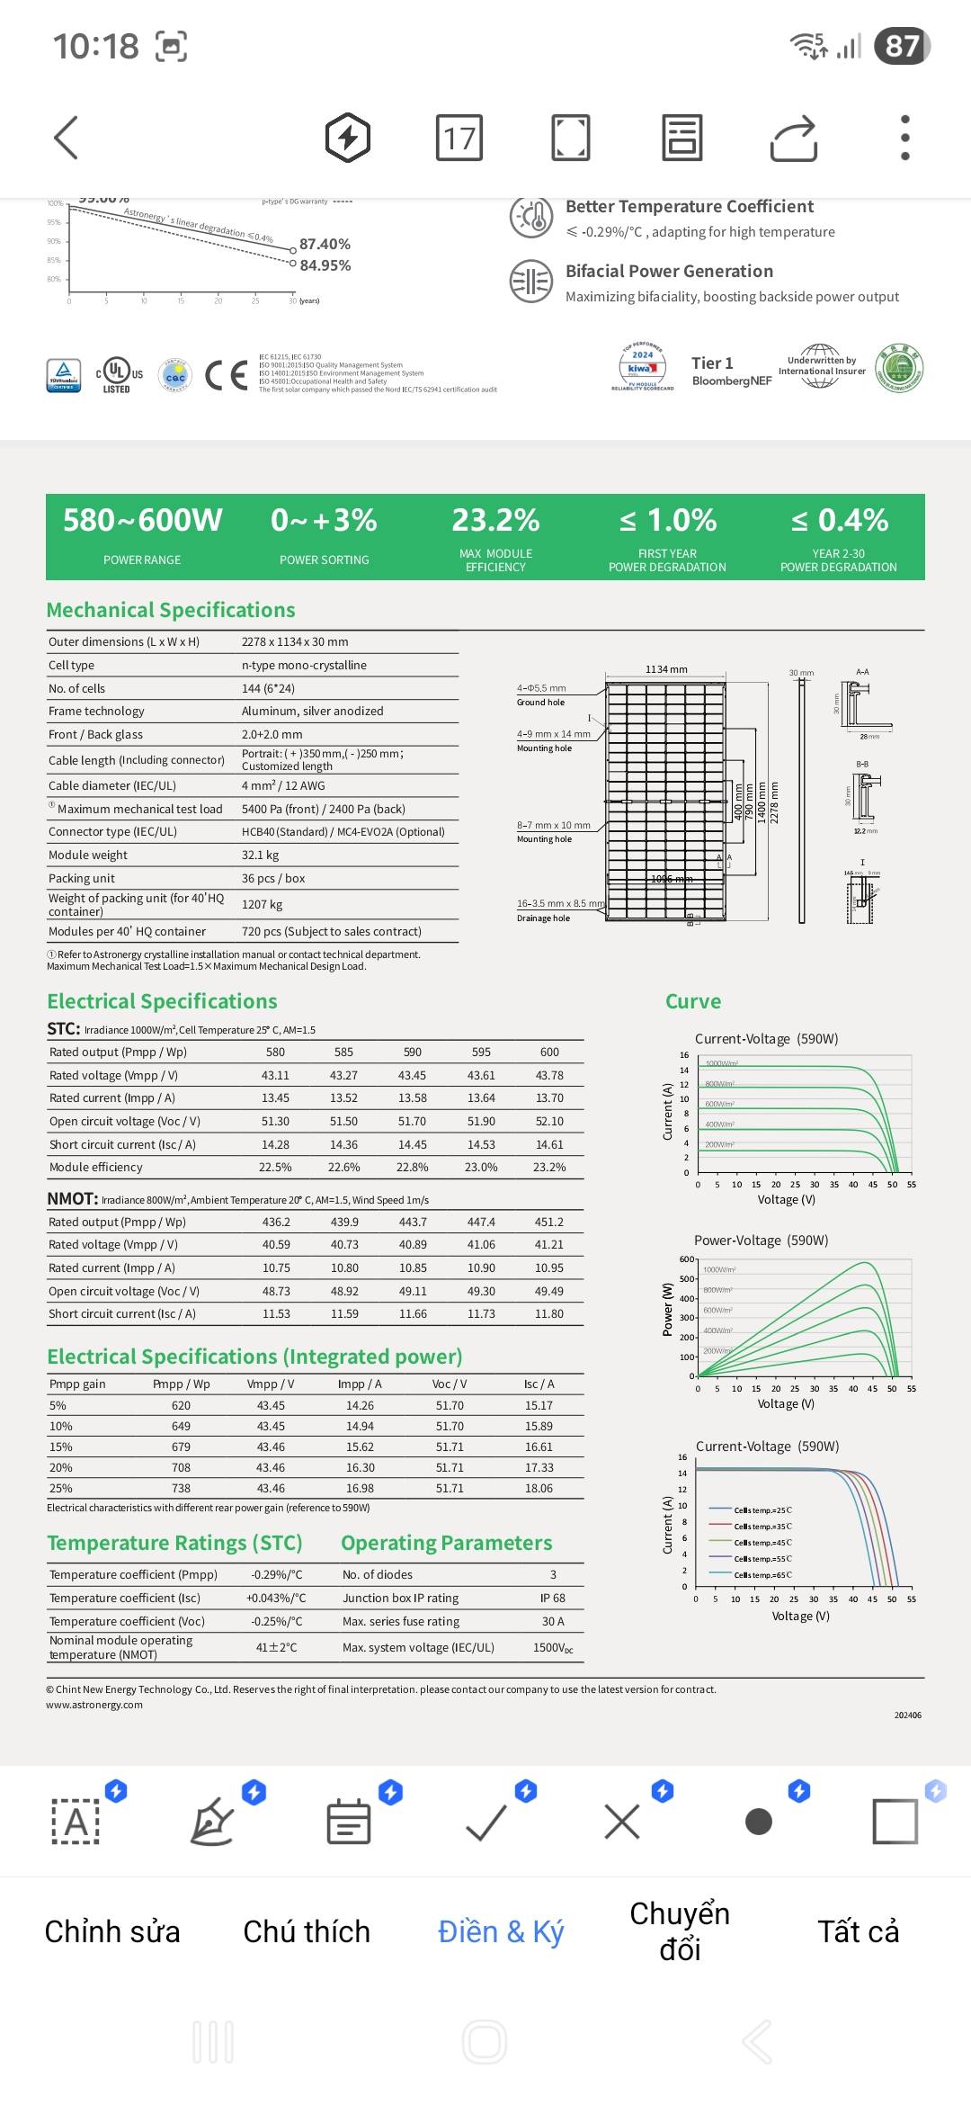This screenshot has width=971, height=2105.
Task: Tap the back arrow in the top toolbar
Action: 67,138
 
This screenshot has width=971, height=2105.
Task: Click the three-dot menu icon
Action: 905,138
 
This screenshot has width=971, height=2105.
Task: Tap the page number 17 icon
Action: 459,138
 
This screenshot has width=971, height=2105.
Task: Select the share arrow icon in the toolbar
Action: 794,139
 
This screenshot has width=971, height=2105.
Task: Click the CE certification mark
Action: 226,375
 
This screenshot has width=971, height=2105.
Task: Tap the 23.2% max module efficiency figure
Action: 495,521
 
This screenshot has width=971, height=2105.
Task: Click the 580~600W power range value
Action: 142,521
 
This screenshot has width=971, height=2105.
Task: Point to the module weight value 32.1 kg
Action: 260,855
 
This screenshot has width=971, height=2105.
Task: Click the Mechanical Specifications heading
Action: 171,610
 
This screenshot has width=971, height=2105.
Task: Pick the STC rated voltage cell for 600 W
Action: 549,1075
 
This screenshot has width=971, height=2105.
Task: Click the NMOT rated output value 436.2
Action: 276,1222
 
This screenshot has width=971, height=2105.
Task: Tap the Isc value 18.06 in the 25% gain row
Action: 539,1488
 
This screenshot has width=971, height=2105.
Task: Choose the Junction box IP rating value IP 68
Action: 553,1598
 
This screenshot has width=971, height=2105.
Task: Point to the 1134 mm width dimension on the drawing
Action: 666,669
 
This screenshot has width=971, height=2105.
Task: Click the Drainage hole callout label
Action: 543,918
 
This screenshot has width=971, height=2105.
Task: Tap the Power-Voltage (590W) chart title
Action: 761,1241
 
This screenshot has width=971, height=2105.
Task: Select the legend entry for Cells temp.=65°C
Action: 762,1575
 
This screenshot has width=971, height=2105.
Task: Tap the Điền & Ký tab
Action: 501,1931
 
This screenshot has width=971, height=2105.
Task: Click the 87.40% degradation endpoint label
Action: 325,245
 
